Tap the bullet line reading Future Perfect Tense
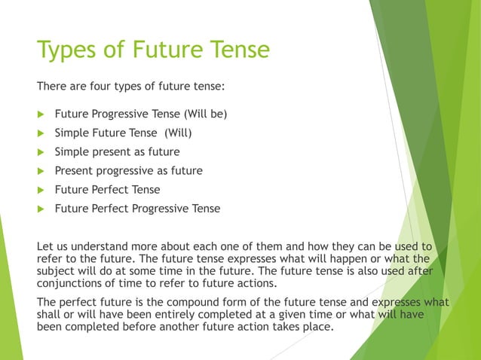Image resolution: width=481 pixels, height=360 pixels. (107, 190)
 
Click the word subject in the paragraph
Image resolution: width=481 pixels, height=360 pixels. (57, 271)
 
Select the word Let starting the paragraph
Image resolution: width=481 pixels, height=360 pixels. (45, 246)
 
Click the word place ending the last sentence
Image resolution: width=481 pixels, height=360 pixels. (317, 328)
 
